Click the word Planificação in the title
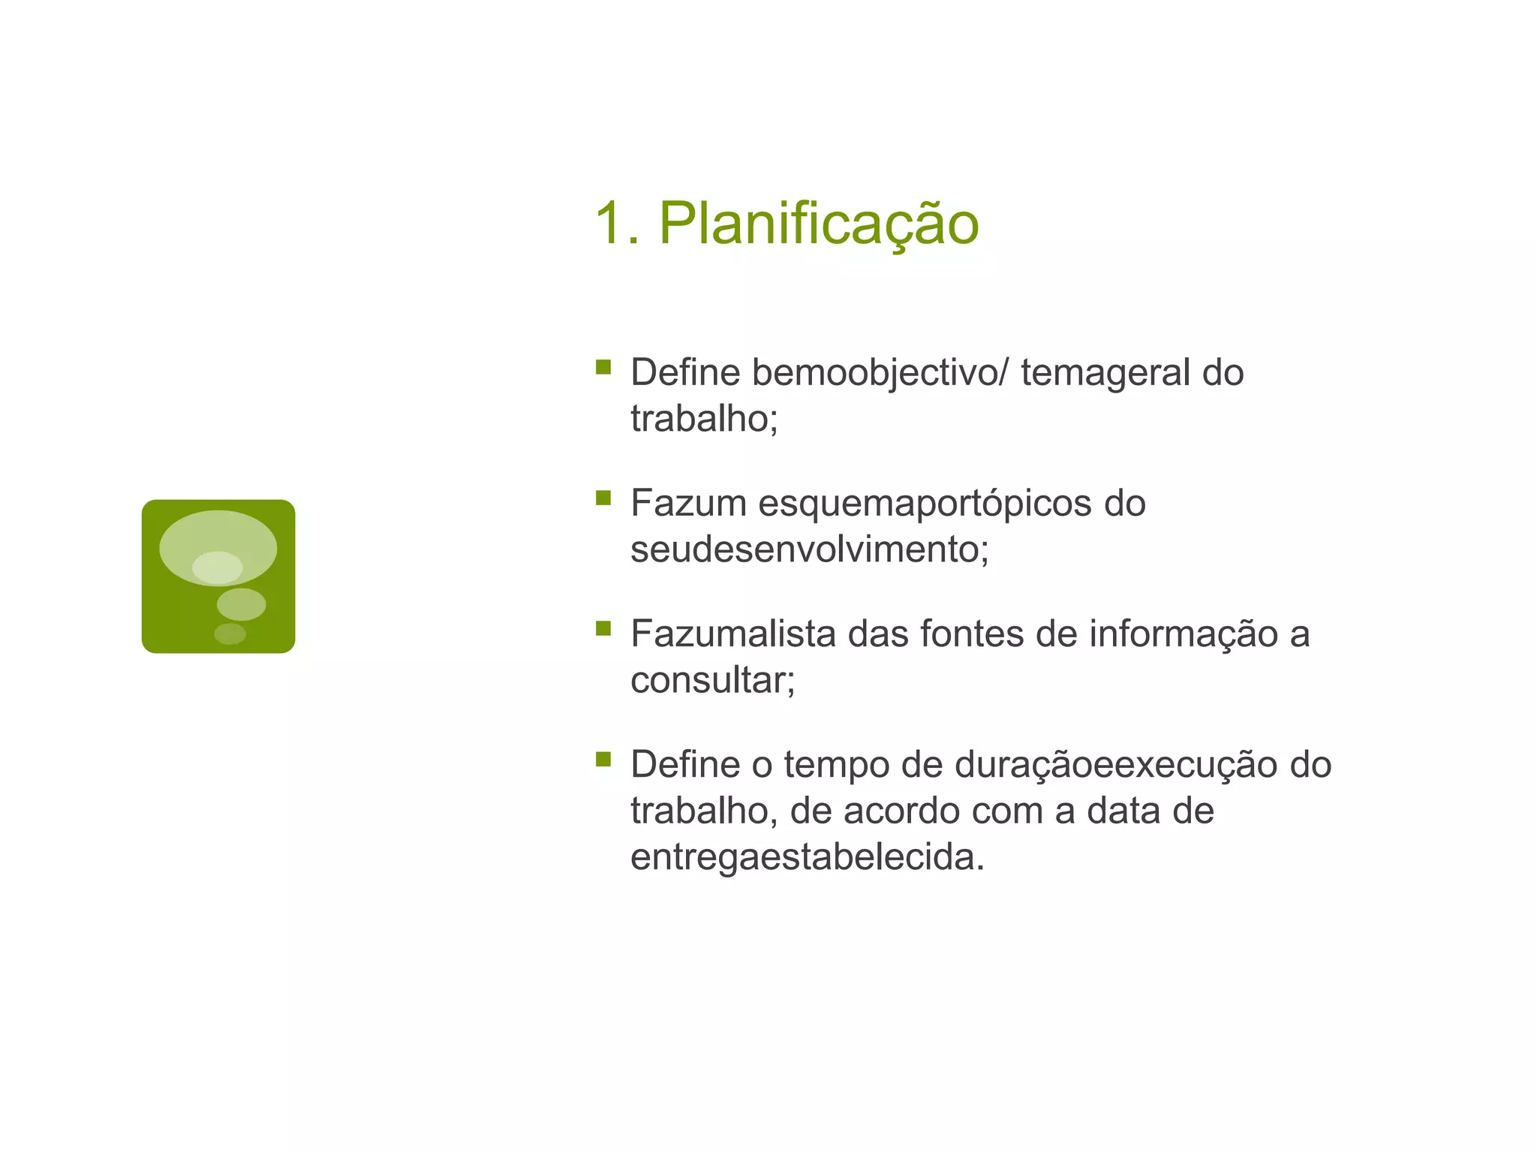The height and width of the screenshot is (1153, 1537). coord(819,224)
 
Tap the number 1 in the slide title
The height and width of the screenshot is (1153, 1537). coord(609,224)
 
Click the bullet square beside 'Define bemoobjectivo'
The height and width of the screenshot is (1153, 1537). coord(603,367)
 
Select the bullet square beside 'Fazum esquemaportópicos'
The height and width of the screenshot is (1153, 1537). coord(603,498)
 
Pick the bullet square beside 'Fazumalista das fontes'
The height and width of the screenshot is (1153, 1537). coord(603,628)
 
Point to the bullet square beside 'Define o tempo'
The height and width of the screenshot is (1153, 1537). coord(603,759)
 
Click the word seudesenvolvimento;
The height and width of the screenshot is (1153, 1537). coord(810,549)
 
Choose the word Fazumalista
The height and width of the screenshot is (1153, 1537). coord(733,634)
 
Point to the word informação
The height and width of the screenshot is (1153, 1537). coord(1184,634)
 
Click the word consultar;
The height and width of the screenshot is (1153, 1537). coord(712,680)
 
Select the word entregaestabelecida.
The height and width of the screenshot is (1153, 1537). coord(807,857)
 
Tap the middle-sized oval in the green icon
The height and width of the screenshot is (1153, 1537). coord(241,604)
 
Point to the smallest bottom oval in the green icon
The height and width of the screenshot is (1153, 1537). coord(230,634)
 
